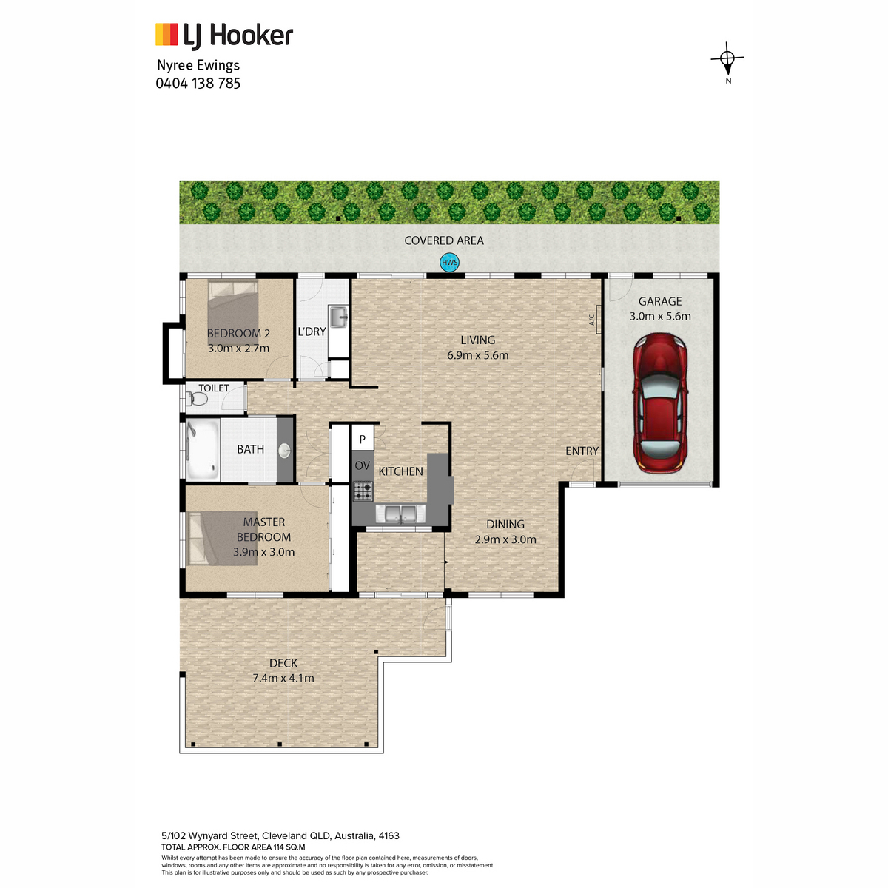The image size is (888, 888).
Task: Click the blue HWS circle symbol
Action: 449,263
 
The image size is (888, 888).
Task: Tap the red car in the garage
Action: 659,403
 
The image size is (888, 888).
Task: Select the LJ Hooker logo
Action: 224,36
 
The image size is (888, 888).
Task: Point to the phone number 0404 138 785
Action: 198,84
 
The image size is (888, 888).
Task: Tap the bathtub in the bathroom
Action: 202,449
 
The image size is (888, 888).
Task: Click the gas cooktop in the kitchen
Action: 363,491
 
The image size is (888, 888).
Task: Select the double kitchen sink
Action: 400,514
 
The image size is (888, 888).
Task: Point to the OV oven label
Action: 362,466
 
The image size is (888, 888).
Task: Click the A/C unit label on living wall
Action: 592,320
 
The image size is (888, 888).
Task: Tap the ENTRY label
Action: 582,451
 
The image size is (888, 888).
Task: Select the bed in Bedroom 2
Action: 233,320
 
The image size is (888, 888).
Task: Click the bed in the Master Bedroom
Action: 223,538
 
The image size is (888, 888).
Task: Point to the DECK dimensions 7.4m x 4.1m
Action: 283,678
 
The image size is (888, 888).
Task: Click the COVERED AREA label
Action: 444,240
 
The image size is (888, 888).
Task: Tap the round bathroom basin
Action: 284,450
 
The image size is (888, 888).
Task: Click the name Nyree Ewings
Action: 198,65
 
